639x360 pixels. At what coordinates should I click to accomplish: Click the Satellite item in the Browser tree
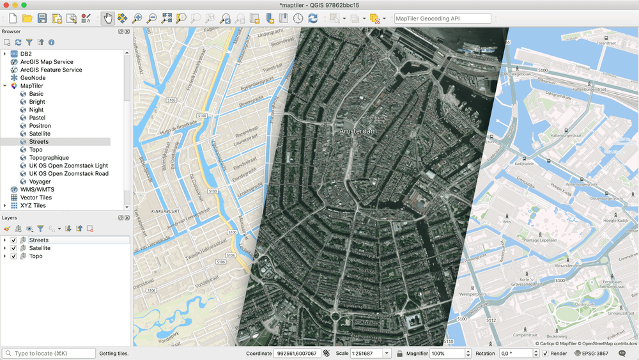point(39,134)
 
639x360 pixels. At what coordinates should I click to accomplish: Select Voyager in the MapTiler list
point(40,182)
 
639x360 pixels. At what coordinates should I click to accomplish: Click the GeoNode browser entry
point(33,78)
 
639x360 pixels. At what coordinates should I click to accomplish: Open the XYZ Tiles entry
point(33,205)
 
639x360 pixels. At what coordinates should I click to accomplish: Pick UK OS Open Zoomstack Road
point(68,173)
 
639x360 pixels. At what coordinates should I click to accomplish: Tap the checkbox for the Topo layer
point(13,256)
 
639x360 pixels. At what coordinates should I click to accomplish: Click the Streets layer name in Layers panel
point(38,240)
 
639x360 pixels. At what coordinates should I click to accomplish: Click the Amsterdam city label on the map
point(358,131)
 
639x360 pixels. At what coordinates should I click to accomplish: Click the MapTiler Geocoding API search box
point(442,19)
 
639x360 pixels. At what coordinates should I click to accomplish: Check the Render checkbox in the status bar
point(545,354)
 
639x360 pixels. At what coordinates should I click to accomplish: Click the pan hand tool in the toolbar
point(108,19)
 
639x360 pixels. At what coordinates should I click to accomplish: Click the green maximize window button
point(24,5)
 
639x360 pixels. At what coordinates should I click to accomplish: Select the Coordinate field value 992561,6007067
point(296,354)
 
